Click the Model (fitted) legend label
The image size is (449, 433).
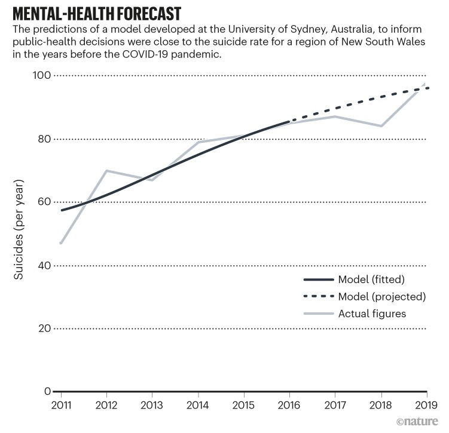pyautogui.click(x=373, y=279)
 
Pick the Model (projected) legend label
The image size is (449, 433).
pyautogui.click(x=381, y=296)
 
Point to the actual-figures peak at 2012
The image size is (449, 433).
pyautogui.click(x=106, y=171)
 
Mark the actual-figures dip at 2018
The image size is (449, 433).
pyautogui.click(x=381, y=126)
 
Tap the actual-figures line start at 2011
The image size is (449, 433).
pyautogui.click(x=60, y=243)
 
